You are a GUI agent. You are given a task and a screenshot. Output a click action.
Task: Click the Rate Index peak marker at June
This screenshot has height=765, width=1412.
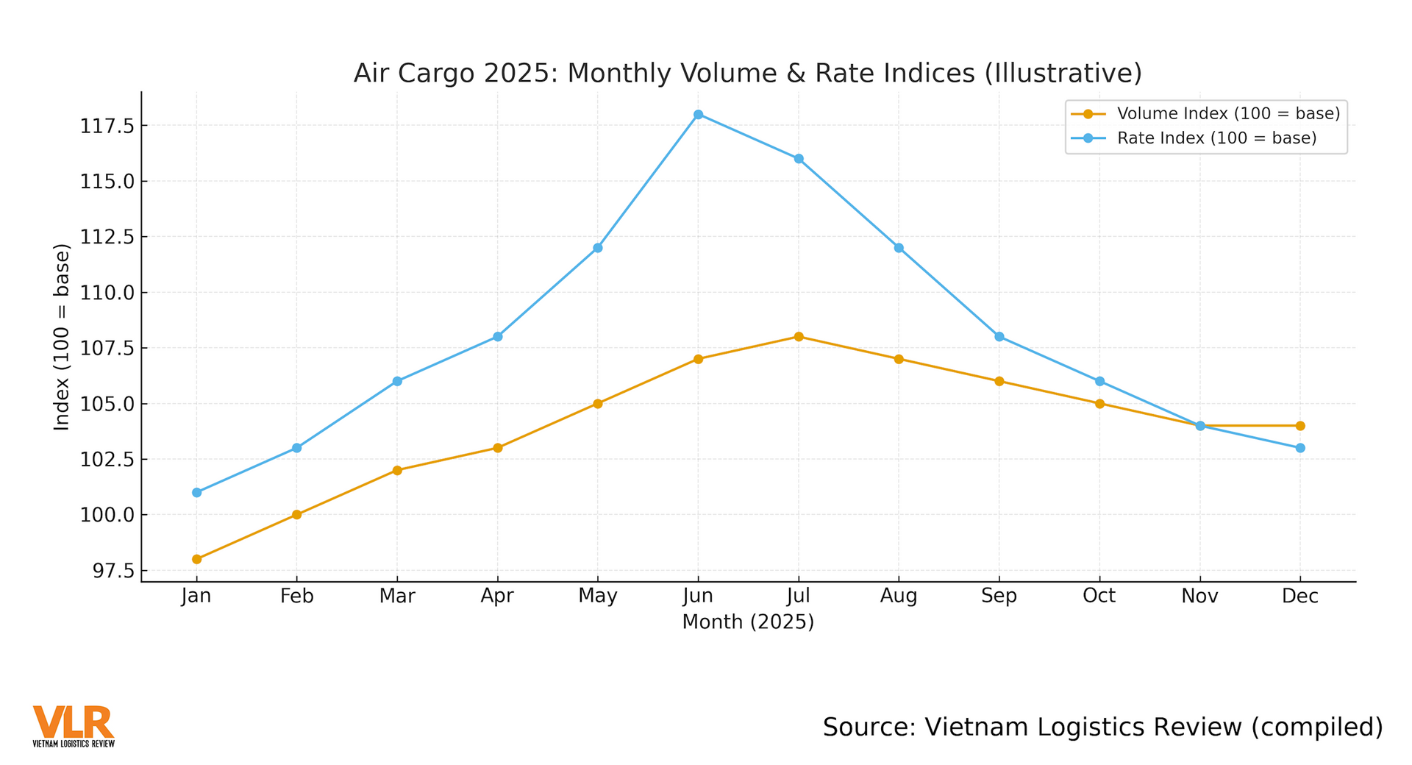698,115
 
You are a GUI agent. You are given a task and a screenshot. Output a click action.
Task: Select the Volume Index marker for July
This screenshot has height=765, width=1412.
799,337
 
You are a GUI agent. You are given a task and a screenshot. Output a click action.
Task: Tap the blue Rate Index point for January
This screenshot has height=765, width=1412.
196,493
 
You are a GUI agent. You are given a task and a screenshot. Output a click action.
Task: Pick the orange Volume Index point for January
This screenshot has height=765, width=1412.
196,559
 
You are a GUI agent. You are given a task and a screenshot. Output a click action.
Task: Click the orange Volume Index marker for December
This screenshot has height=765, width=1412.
1300,426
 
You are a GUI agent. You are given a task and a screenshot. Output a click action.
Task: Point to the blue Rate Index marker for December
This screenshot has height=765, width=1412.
1300,448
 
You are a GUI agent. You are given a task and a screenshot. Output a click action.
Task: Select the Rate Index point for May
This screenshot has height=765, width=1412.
598,248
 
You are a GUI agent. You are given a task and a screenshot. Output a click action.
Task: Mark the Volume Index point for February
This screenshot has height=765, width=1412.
297,515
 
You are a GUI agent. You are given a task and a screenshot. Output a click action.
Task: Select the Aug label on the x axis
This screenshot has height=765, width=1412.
899,596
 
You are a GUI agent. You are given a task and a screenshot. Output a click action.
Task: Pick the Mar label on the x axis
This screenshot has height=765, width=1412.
397,596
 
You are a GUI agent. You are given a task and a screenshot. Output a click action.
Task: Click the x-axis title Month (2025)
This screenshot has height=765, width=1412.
748,622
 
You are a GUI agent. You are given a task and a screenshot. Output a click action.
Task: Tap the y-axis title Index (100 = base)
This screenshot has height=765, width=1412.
62,337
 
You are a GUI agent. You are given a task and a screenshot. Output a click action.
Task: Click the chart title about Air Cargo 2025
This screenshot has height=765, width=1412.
748,74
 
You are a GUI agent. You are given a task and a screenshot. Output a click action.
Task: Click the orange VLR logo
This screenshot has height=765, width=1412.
74,725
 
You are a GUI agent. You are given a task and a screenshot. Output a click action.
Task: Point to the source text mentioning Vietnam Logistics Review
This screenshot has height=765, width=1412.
1102,727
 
